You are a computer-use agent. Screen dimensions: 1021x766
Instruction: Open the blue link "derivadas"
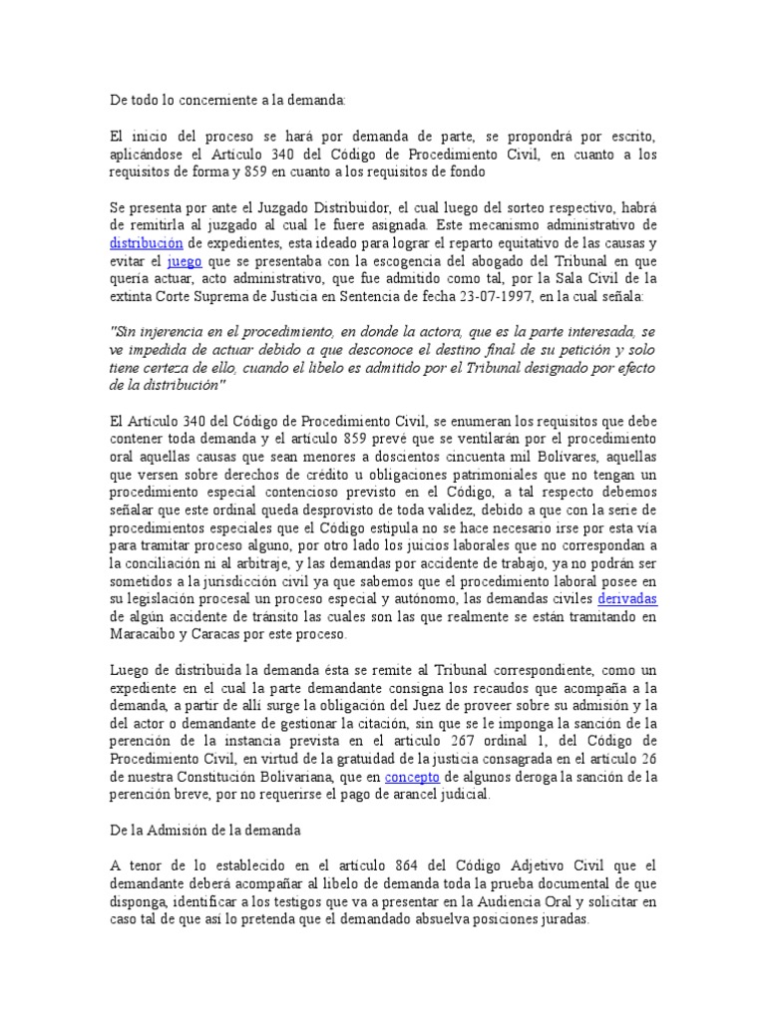[627, 599]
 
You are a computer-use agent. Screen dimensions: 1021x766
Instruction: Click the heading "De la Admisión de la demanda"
[205, 829]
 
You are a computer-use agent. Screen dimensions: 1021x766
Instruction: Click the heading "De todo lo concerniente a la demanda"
[228, 100]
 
